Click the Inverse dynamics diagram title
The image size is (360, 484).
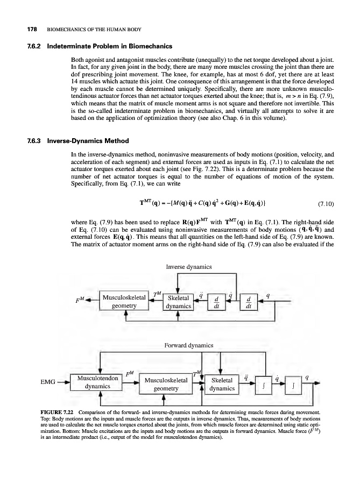[188, 267]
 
